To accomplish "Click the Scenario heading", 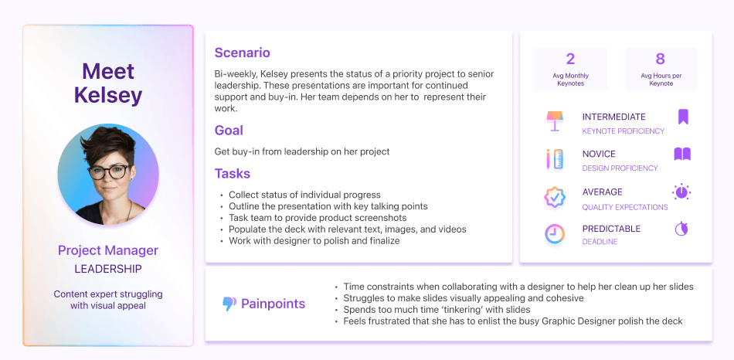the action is (x=242, y=53).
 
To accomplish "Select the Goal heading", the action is (x=229, y=130).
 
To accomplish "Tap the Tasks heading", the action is (x=233, y=173).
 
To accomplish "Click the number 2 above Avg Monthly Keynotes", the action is (x=570, y=59).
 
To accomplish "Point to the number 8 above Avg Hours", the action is (x=660, y=59).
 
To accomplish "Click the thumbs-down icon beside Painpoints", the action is (x=229, y=304).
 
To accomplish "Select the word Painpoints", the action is (x=273, y=304).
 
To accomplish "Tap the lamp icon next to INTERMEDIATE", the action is (x=556, y=121).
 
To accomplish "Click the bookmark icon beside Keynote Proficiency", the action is (x=684, y=117).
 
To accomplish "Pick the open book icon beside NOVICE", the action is (x=682, y=154).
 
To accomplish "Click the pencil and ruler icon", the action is (x=555, y=159).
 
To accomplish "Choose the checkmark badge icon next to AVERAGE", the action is (x=555, y=197).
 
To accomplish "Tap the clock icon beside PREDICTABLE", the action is (x=555, y=234).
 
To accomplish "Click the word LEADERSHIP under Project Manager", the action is (x=108, y=269).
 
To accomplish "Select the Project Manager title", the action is (x=108, y=250).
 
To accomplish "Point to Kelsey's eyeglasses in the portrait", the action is (x=108, y=172).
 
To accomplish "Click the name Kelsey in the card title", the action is (x=108, y=95).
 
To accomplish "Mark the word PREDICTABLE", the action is (x=611, y=229).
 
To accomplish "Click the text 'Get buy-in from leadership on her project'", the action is (x=302, y=151).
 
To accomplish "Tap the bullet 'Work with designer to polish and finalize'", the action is (x=314, y=241).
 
